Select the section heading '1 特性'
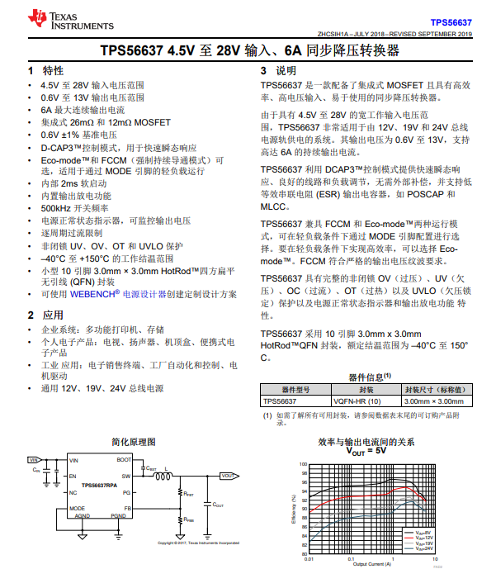[45, 70]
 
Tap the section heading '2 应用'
[45, 315]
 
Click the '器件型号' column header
[295, 389]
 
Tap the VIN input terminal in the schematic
[34, 460]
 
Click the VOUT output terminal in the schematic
[227, 476]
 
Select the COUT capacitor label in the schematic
[218, 503]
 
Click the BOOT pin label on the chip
[124, 460]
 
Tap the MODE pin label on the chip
[77, 508]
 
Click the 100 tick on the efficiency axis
[304, 464]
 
